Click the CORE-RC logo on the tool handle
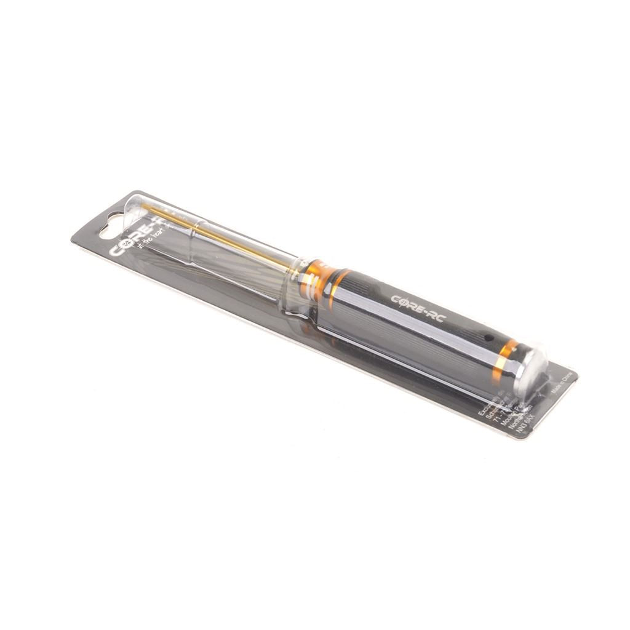[417, 304]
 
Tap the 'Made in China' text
[562, 383]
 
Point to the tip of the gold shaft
[152, 210]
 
